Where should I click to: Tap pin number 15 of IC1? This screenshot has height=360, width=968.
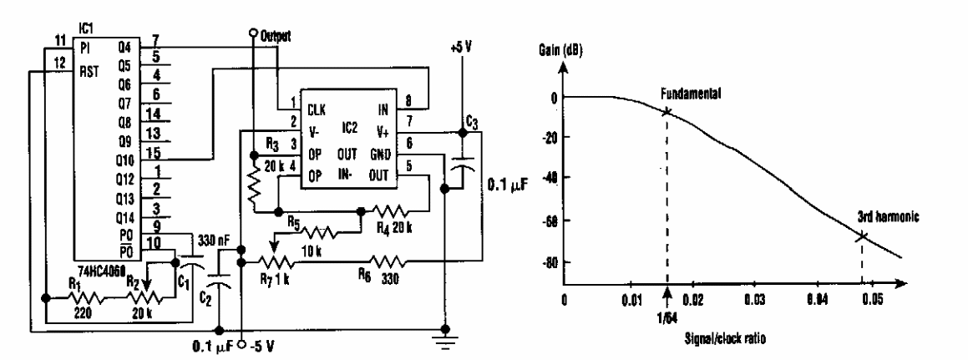click(157, 152)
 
